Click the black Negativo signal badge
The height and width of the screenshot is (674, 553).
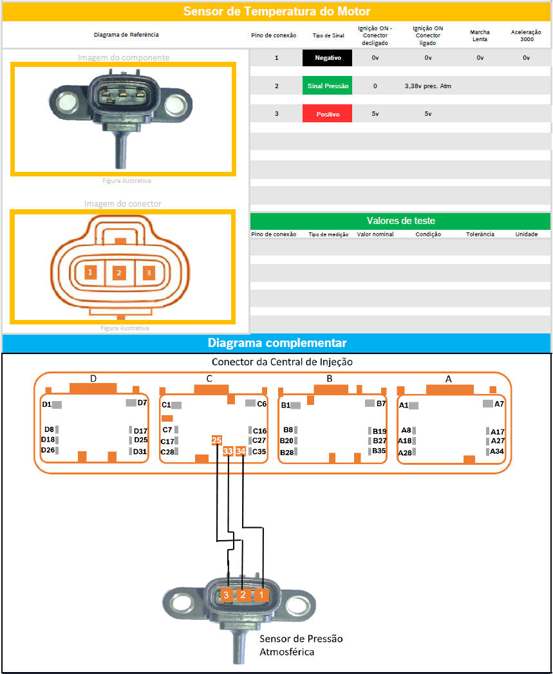[x=328, y=58]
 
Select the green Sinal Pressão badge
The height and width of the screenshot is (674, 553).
[x=328, y=86]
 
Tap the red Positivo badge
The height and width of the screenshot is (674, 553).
[x=328, y=113]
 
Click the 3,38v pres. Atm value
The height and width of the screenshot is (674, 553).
[x=427, y=86]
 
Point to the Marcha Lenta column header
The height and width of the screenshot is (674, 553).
[x=480, y=35]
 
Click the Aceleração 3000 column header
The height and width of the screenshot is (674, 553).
[x=526, y=35]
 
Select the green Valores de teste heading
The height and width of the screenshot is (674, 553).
[x=400, y=221]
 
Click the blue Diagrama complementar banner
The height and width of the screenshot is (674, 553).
[x=277, y=342]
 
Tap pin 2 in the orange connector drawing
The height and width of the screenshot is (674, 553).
[x=118, y=273]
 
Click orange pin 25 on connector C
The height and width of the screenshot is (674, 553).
[x=217, y=440]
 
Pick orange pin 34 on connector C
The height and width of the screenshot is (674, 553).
[x=241, y=451]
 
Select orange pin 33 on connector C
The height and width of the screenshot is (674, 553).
[x=228, y=451]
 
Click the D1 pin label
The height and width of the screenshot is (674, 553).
[x=47, y=404]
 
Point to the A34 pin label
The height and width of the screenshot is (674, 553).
[x=497, y=451]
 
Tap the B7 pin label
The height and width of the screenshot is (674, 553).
[x=381, y=404]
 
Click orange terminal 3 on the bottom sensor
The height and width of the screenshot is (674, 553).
[x=226, y=595]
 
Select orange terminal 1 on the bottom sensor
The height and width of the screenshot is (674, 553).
[x=261, y=595]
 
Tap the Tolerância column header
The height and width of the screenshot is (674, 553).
[x=480, y=234]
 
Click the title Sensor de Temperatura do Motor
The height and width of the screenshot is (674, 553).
[x=277, y=12]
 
